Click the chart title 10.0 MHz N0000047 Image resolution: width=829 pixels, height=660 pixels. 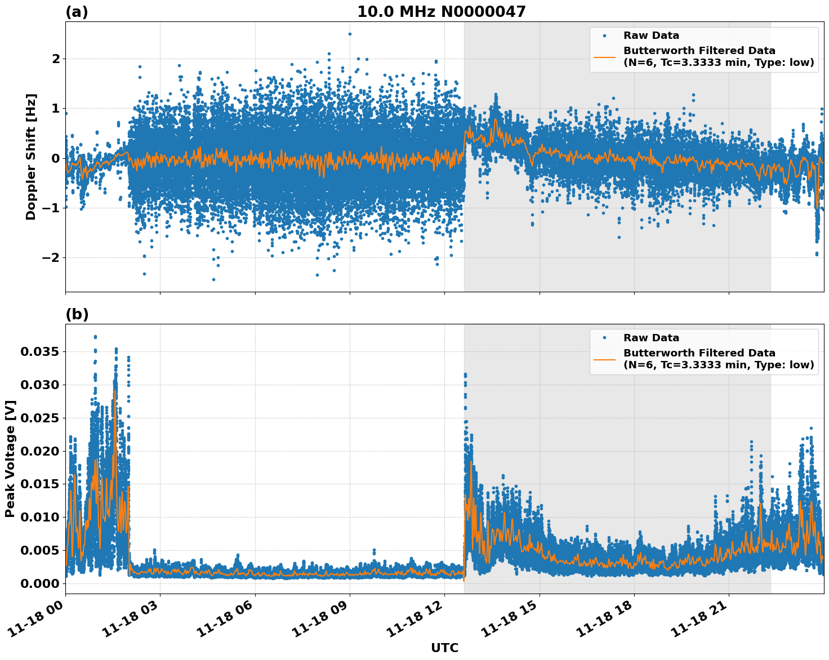tap(441, 12)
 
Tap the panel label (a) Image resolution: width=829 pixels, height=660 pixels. tap(77, 12)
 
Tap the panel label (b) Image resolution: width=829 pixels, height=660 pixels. tap(77, 314)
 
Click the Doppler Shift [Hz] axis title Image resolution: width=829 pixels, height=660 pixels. tap(31, 157)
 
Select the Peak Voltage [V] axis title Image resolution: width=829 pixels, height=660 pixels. tap(10, 458)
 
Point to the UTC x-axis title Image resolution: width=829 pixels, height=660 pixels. tap(444, 648)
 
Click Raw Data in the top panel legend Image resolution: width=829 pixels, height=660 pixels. tap(651, 35)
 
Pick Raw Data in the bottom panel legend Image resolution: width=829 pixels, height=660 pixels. tap(651, 338)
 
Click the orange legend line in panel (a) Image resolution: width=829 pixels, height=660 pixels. tap(604, 56)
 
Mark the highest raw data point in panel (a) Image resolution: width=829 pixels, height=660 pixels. tap(350, 34)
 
